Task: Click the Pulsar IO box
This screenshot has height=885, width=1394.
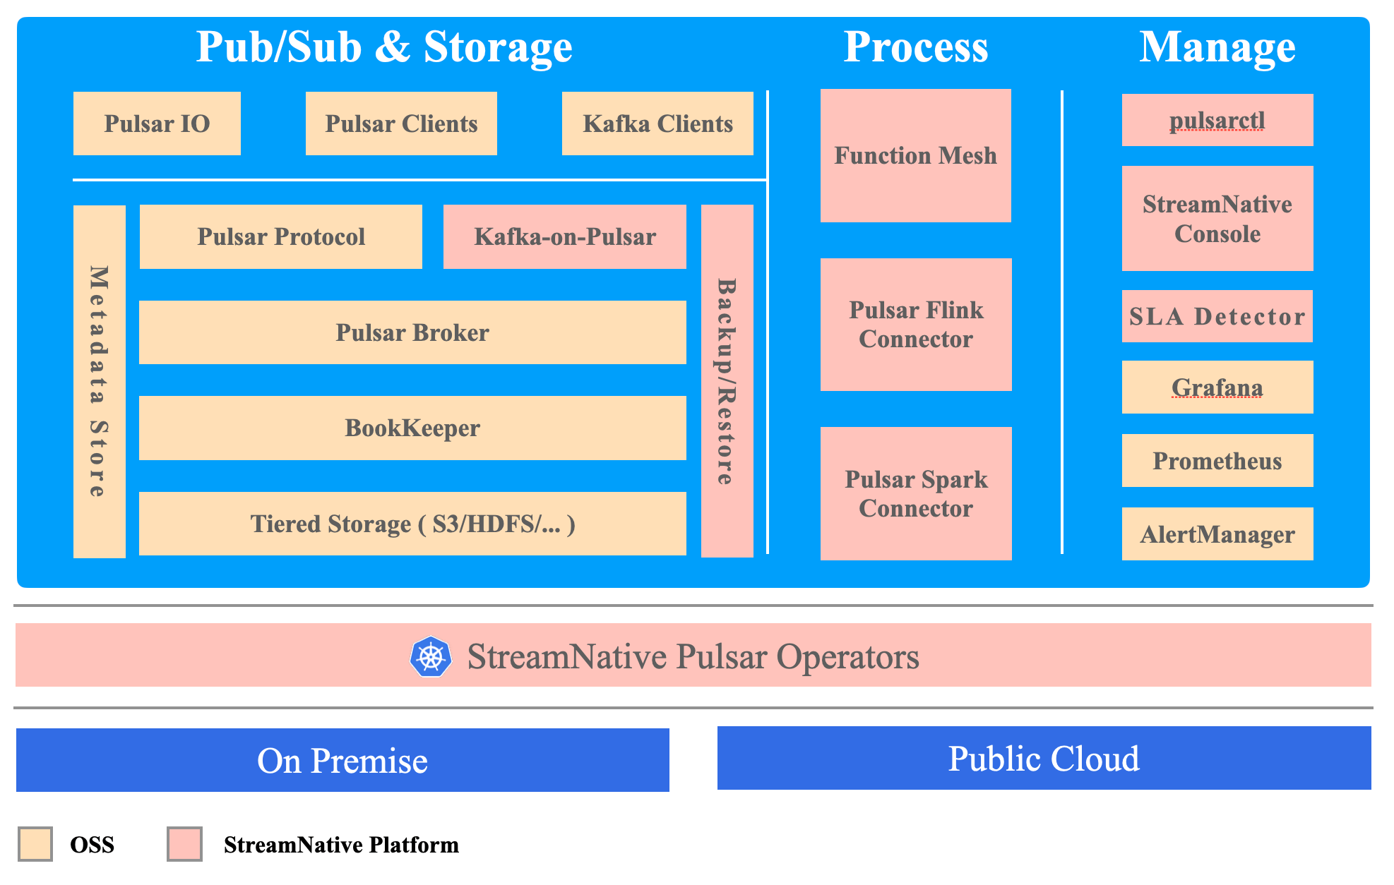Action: [x=157, y=124]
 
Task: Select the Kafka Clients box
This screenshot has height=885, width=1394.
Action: [x=657, y=124]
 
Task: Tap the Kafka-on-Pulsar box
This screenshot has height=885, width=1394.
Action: [x=564, y=236]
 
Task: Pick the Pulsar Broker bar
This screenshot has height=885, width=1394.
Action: [x=412, y=332]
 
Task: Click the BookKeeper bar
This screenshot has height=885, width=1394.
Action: [x=412, y=428]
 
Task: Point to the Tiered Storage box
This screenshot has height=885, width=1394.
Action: [x=412, y=524]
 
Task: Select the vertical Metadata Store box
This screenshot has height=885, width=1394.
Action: [x=100, y=381]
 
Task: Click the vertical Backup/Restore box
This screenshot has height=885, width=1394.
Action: [x=727, y=381]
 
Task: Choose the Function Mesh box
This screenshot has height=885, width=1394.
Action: [x=915, y=155]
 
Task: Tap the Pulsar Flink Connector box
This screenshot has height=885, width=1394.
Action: [x=915, y=325]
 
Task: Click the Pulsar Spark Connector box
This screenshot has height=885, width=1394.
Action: [x=915, y=493]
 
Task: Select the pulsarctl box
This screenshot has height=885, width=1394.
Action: [x=1217, y=120]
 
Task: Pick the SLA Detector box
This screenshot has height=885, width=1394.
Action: [x=1217, y=316]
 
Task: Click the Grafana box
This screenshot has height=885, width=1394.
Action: [x=1217, y=387]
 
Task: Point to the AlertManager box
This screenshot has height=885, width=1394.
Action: [x=1217, y=534]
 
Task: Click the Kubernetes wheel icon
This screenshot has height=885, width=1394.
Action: [x=431, y=657]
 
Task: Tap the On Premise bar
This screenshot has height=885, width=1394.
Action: [x=342, y=760]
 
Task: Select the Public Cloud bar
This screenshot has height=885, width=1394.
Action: [x=1044, y=759]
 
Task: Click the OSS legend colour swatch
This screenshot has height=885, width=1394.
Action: [x=35, y=844]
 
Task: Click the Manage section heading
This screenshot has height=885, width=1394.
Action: [x=1217, y=47]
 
